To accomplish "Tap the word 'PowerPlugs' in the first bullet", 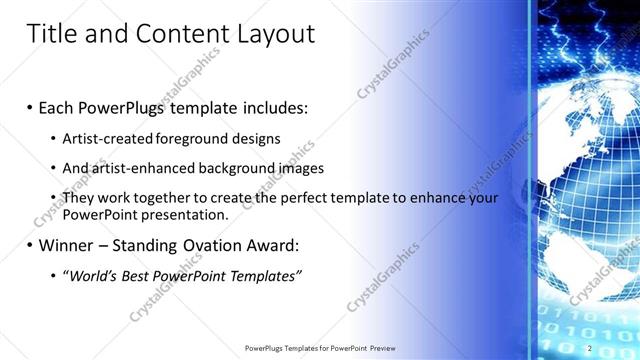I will pyautogui.click(x=134, y=106).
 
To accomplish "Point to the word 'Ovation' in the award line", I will pyautogui.click(x=206, y=245).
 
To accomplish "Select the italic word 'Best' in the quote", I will pyautogui.click(x=148, y=276).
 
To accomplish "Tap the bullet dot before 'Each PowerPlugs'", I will pyautogui.click(x=31, y=107).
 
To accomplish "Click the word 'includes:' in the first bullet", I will pyautogui.click(x=275, y=106).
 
